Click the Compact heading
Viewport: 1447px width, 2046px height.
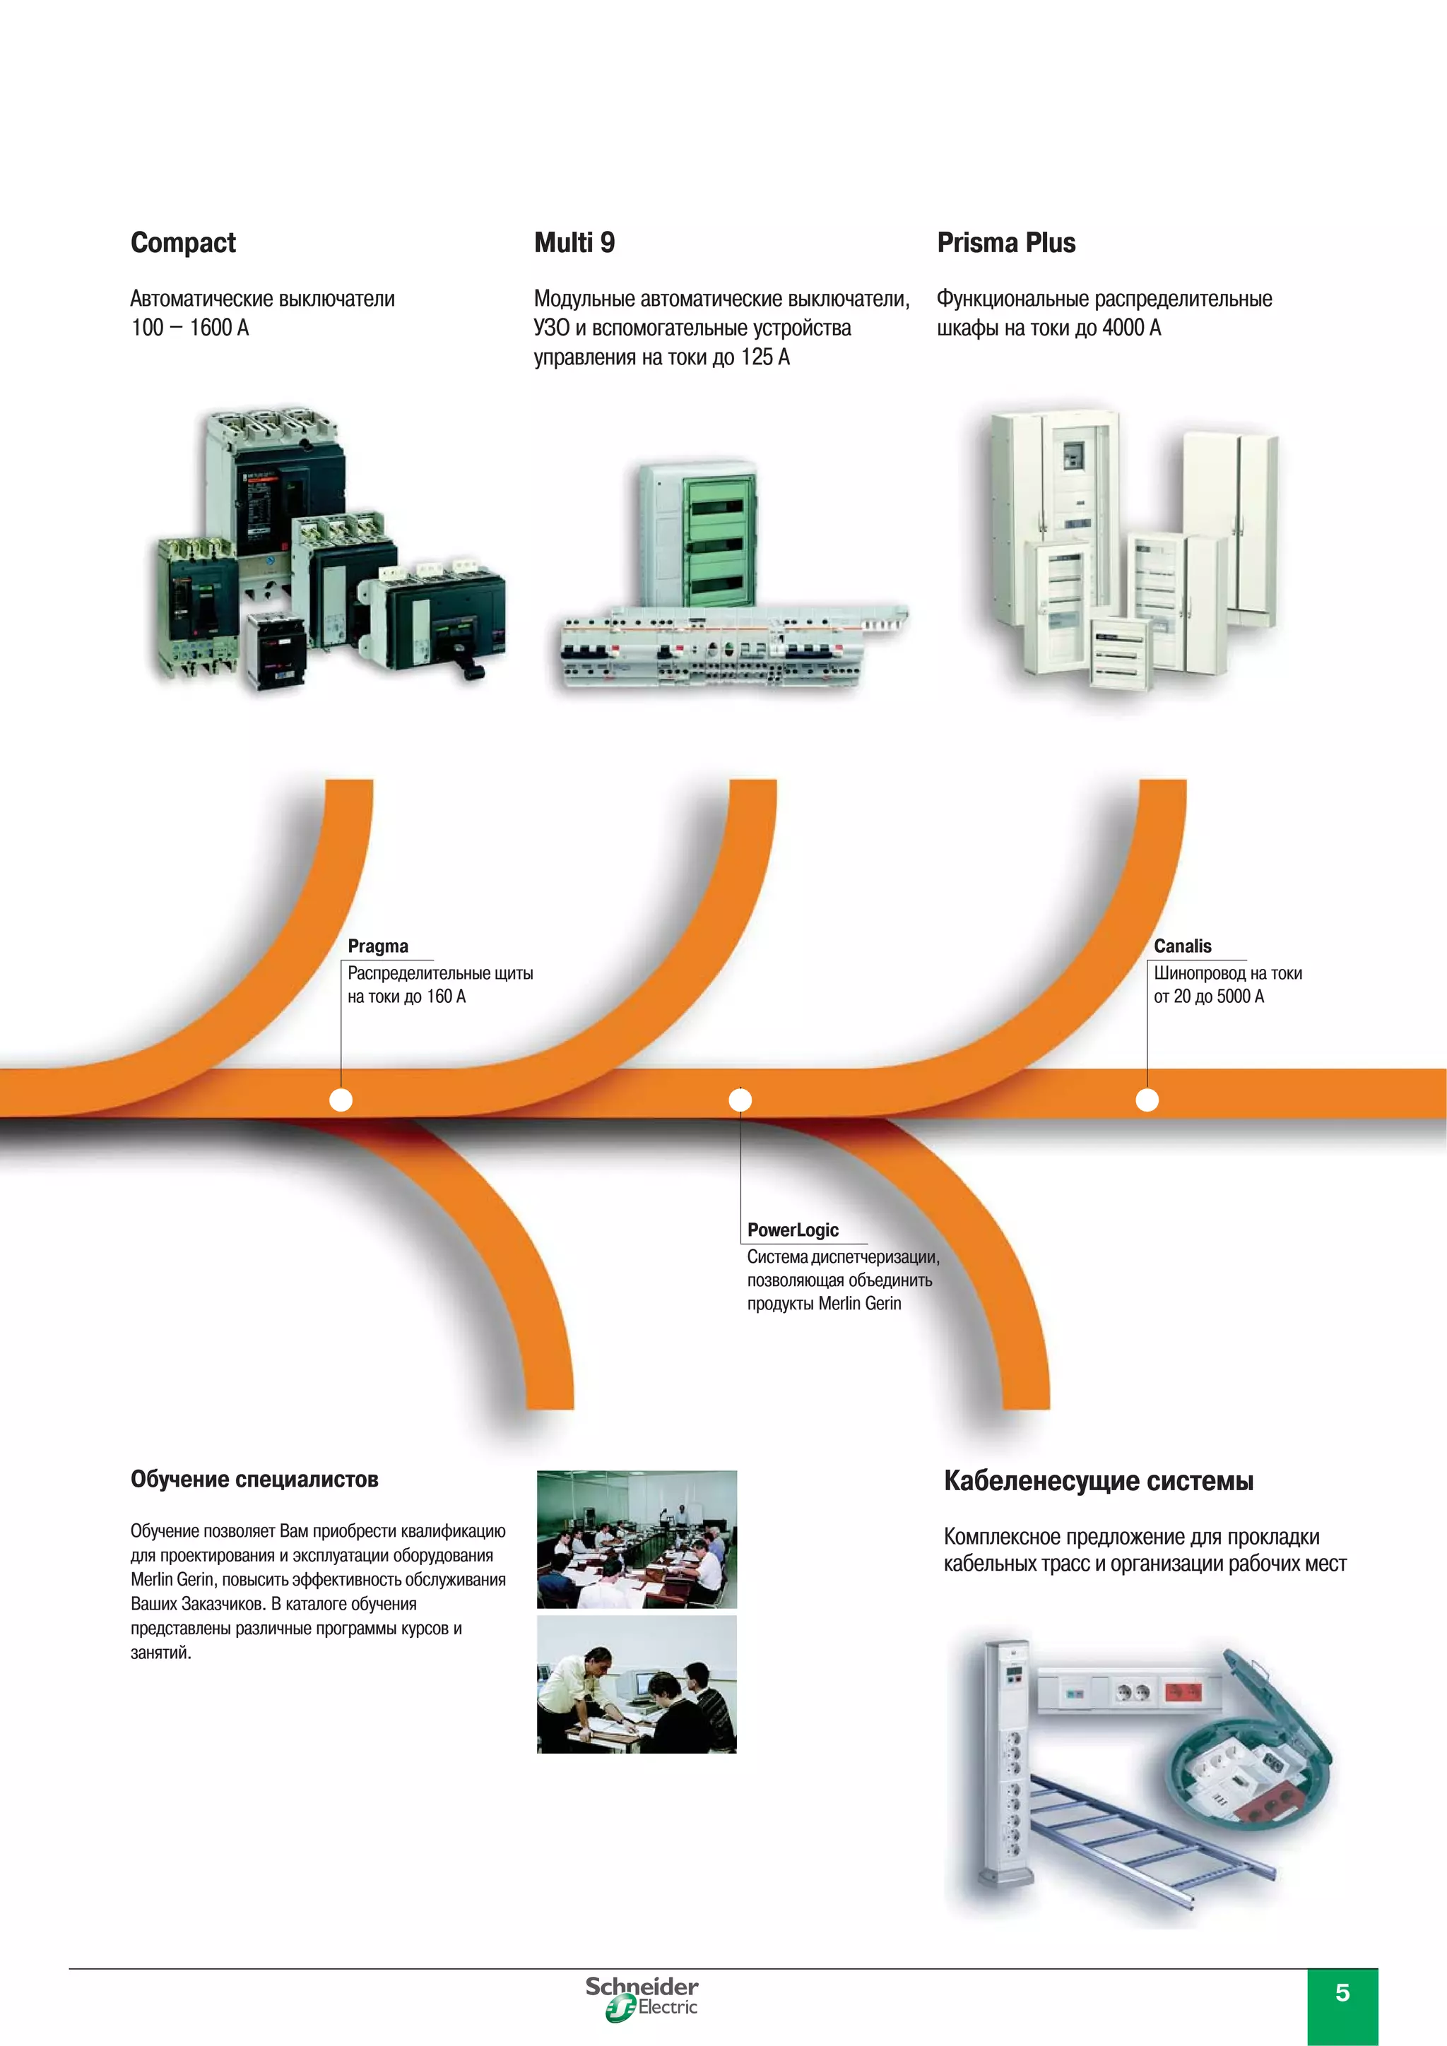click(x=183, y=243)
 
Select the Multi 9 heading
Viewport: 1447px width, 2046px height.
click(x=574, y=243)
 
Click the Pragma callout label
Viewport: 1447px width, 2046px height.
click(x=378, y=946)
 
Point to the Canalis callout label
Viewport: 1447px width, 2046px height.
click(x=1182, y=946)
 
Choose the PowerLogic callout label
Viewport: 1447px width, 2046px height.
click(x=793, y=1230)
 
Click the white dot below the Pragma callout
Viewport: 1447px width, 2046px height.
click(x=341, y=1100)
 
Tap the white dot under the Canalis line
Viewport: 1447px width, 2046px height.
click(x=1147, y=1100)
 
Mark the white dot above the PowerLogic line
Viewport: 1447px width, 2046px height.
click(x=740, y=1100)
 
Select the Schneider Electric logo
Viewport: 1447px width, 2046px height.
click(x=642, y=1999)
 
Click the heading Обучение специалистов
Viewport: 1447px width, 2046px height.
click(x=254, y=1480)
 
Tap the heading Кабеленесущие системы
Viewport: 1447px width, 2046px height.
click(x=1099, y=1481)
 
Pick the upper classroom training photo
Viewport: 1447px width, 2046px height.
click(x=637, y=1539)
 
